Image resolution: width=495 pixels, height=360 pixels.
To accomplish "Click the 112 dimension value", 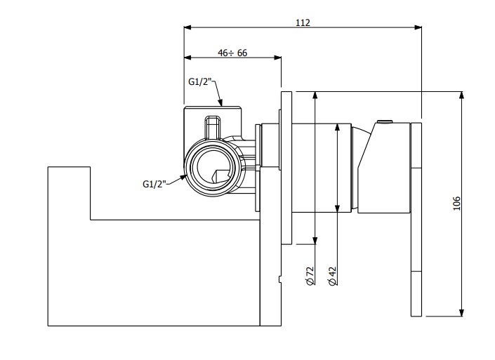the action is [303, 22].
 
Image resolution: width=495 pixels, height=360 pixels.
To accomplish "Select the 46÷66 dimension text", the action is [232, 53].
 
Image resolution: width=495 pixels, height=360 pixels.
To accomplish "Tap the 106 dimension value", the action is [456, 204].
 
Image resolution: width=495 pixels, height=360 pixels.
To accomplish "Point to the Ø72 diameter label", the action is [310, 276].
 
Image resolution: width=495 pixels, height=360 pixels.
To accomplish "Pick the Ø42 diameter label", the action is [332, 276].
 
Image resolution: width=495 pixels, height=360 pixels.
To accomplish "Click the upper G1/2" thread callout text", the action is [200, 81].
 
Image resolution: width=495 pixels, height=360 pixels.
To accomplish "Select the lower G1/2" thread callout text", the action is [154, 184].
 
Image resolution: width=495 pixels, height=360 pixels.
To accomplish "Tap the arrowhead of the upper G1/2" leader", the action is [220, 102].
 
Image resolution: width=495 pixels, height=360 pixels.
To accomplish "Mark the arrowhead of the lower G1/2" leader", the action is [183, 178].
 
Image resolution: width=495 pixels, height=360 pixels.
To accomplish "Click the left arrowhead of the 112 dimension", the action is [187, 27].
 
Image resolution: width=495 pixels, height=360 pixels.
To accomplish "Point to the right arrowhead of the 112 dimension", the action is [418, 27].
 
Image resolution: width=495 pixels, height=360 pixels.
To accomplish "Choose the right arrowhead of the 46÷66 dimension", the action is [278, 58].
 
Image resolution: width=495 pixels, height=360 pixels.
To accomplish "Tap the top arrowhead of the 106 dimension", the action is [461, 95].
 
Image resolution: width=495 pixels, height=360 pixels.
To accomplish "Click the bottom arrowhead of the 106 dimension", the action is [461, 312].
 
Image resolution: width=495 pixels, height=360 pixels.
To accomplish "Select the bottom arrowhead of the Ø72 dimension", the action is [315, 241].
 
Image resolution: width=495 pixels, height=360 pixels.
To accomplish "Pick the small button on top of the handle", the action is [385, 122].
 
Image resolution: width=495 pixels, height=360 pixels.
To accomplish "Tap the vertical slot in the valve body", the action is [213, 128].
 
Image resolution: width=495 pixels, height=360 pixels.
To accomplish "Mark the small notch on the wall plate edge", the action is [280, 279].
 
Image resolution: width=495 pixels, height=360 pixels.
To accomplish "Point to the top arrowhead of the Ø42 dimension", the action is [337, 127].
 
